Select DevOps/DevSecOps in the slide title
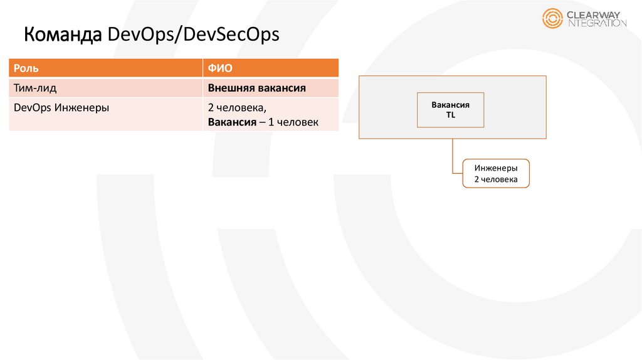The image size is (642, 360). point(193,35)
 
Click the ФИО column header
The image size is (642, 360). point(220,68)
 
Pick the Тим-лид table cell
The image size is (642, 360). point(35,88)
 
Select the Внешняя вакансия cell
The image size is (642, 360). point(256,88)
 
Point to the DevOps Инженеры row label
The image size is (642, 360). point(61,107)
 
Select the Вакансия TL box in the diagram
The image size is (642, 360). point(450,110)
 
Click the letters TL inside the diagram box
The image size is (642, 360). point(450,115)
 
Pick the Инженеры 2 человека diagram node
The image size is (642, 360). point(496,174)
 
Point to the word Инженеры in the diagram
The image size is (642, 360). point(496,168)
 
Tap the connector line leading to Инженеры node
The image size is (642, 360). point(453,157)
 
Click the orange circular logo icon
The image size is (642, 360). point(553,18)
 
